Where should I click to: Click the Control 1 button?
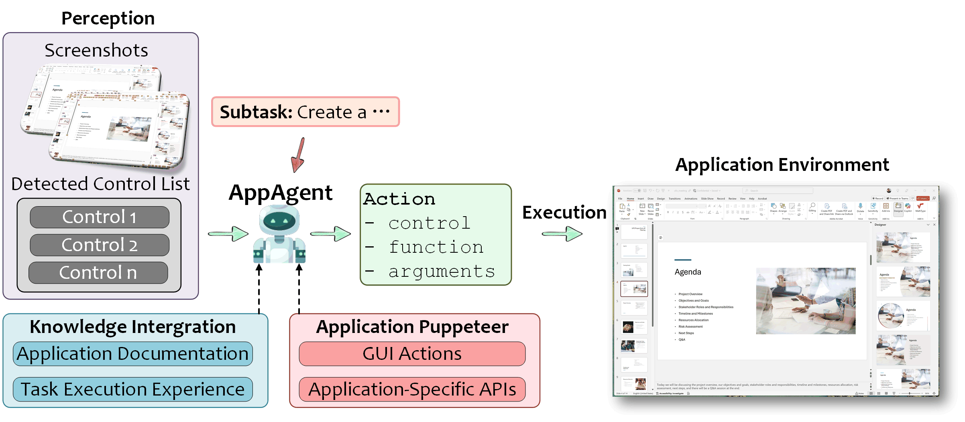coord(100,217)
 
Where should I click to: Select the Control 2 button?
coord(100,245)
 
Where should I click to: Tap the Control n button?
coord(98,273)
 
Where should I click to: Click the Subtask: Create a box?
coord(305,112)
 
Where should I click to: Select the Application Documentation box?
coord(133,354)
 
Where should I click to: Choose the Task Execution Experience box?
coord(133,389)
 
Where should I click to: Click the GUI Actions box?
coord(412,354)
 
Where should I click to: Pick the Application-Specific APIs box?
coord(412,389)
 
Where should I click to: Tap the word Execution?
coord(564,212)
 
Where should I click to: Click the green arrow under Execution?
coord(562,233)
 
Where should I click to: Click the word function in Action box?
coord(436,247)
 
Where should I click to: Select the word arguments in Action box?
coord(442,271)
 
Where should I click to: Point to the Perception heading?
coord(108,18)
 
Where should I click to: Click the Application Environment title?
coord(782,164)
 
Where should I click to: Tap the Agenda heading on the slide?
coord(688,272)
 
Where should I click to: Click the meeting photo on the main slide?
coord(806,301)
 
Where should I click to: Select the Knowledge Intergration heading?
coord(133,327)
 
